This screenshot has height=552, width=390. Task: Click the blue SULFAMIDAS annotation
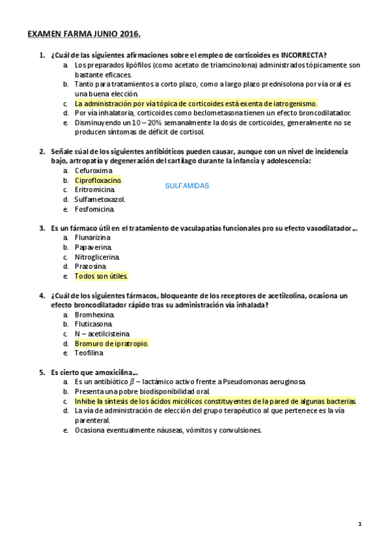(187, 186)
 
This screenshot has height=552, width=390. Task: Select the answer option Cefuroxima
(93, 171)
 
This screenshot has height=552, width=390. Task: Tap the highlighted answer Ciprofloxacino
(98, 180)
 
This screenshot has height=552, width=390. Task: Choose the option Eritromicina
(94, 190)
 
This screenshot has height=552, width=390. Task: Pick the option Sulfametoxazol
(100, 199)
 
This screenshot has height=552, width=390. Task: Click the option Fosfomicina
(94, 209)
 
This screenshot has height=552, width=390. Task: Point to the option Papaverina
(93, 247)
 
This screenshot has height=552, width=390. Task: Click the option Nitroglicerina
(97, 256)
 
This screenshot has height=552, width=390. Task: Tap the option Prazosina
(91, 266)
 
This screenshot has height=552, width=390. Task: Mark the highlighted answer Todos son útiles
(101, 276)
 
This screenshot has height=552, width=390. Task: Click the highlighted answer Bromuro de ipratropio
(111, 343)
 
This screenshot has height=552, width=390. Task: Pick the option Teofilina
(89, 353)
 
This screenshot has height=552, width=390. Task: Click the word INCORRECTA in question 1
(299, 55)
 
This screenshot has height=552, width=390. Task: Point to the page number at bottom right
(359, 523)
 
